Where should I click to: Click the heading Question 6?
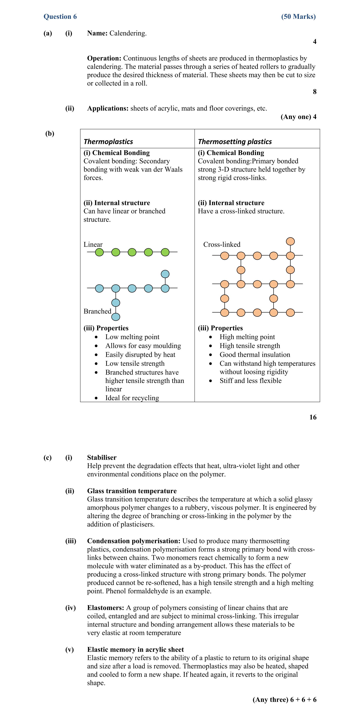[60, 17]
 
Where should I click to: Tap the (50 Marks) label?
[298, 17]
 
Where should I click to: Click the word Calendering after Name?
[128, 33]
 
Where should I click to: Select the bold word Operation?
[104, 58]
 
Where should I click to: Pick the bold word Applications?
[108, 108]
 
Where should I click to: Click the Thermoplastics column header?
[108, 142]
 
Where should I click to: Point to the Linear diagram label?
[93, 245]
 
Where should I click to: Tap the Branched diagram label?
[97, 311]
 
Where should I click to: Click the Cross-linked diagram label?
[222, 245]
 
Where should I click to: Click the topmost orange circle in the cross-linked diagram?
[290, 241]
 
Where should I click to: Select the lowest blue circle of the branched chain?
[116, 317]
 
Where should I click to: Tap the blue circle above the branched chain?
[165, 274]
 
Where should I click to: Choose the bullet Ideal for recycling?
[132, 398]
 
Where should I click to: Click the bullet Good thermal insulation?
[255, 355]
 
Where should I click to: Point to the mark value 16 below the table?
[313, 417]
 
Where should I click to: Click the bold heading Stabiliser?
[102, 458]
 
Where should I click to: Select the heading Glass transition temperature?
[132, 491]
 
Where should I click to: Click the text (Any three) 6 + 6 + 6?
[284, 699]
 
